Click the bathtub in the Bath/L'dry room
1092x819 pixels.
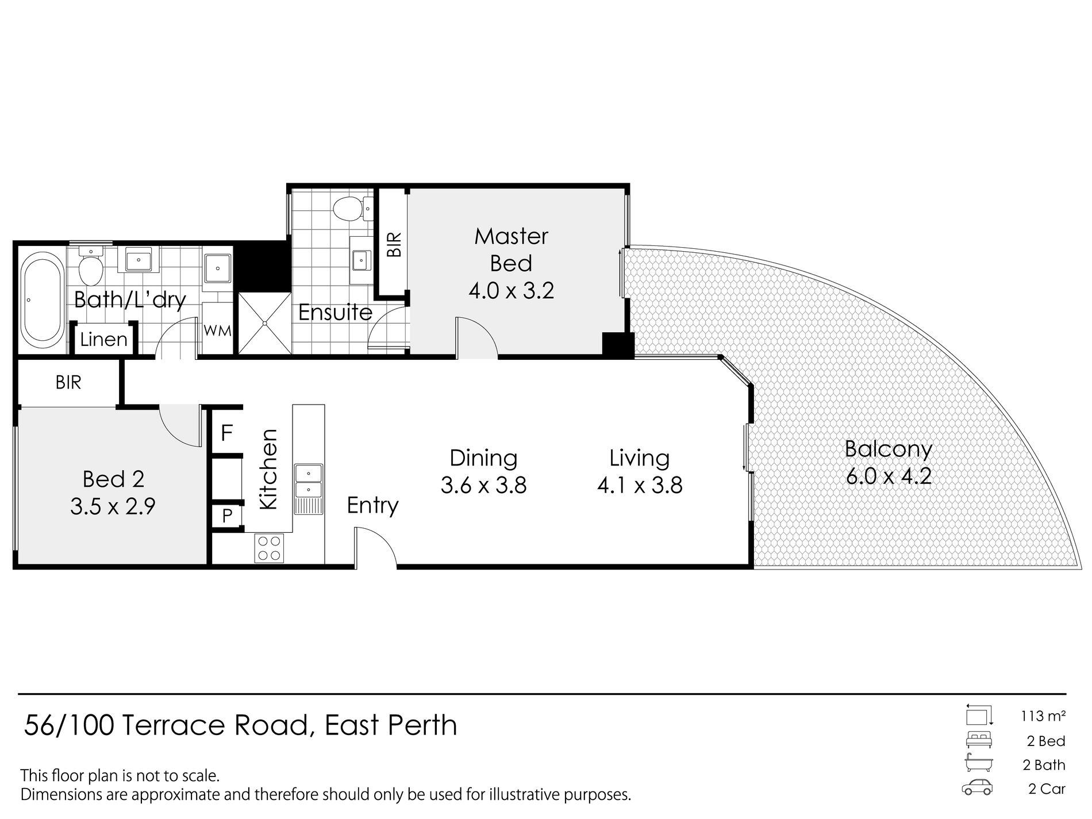42,300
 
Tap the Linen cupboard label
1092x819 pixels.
103,340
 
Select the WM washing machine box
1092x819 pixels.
218,331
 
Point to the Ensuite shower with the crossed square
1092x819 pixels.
265,324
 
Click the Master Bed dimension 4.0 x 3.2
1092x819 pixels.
511,291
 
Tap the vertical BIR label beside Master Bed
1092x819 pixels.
394,244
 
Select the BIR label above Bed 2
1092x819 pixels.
68,383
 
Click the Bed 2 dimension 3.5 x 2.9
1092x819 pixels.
113,507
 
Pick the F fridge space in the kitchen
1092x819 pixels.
227,433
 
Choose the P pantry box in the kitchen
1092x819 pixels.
227,516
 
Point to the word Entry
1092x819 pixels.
373,505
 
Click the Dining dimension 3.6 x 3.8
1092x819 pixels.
483,486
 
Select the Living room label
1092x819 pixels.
640,458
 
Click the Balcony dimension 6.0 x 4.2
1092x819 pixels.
889,476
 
